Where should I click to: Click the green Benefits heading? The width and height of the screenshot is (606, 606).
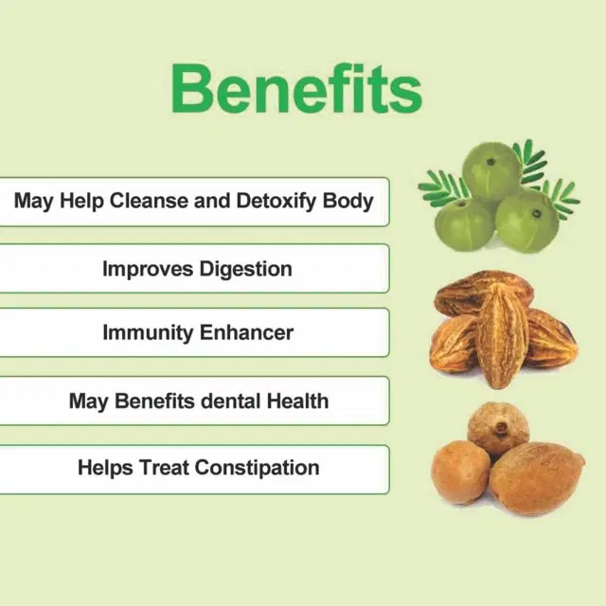click(296, 89)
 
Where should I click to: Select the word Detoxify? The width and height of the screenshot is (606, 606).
click(276, 202)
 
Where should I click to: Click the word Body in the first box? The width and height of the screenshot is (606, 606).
click(348, 202)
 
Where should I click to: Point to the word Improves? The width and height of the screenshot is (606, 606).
click(148, 269)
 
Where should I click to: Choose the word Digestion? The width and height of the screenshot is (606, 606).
click(246, 269)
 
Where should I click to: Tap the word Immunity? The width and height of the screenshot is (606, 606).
click(148, 333)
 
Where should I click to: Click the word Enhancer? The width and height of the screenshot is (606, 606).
click(246, 332)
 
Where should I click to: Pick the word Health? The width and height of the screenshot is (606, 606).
click(298, 401)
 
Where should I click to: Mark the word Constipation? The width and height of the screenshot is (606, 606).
click(257, 468)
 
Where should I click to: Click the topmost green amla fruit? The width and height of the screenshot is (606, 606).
click(491, 170)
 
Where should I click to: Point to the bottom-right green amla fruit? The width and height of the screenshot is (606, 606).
click(527, 221)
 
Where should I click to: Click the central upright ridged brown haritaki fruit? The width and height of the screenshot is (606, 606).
click(499, 334)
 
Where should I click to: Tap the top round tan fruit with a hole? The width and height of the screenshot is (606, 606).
click(498, 429)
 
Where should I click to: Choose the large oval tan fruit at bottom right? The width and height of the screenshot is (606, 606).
click(538, 478)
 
